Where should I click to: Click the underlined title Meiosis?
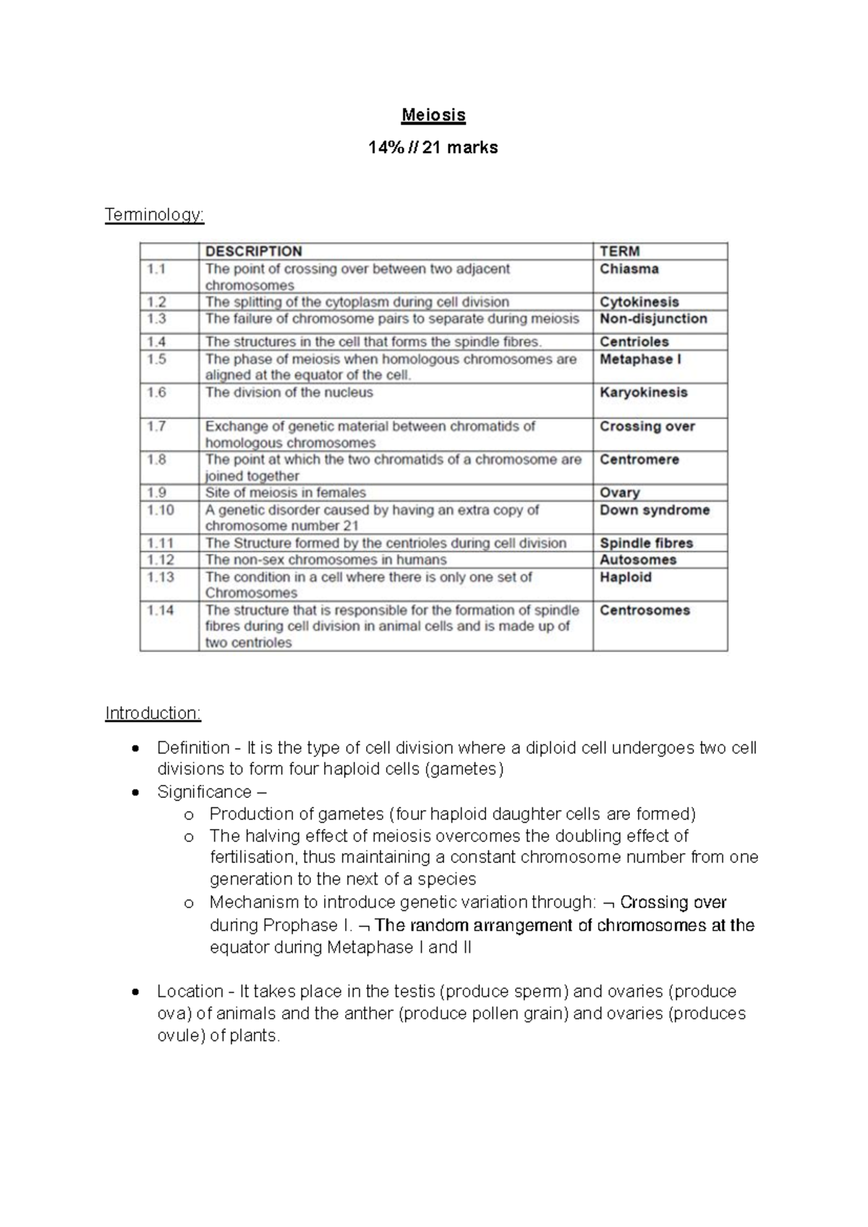pos(433,115)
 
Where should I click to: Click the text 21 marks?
pos(460,148)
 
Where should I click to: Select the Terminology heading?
pos(154,215)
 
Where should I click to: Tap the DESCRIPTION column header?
pos(253,252)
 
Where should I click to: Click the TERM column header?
pos(619,252)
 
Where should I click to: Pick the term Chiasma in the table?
pos(629,269)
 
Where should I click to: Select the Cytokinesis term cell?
pos(639,302)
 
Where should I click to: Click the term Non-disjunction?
pos(653,319)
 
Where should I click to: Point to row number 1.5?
pos(157,359)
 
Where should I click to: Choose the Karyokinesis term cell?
pos(643,393)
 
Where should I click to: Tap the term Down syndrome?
pos(654,510)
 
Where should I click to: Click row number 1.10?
pos(160,510)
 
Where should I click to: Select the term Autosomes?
pos(637,560)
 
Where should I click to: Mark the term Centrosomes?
pos(644,611)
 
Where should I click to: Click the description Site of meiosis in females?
pos(285,493)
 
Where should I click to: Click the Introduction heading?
pos(153,713)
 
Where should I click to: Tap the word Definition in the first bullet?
pos(192,747)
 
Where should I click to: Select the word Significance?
pos(204,791)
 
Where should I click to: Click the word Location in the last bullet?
pos(190,991)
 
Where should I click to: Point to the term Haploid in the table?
pos(625,577)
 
